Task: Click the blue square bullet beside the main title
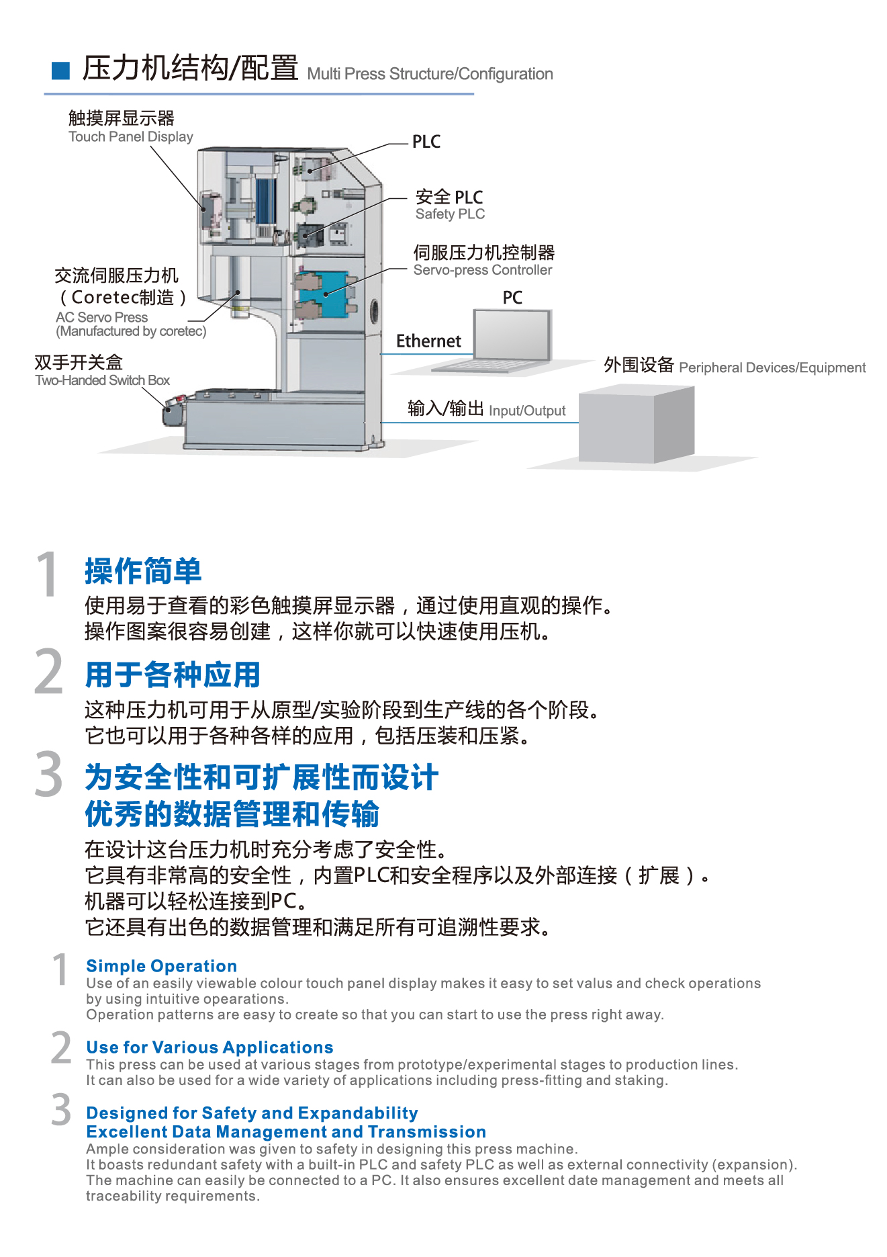[x=60, y=71]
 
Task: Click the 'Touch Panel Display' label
[x=131, y=137]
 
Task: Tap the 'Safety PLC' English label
[x=450, y=214]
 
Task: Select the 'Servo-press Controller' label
[x=483, y=270]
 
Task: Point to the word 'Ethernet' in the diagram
[x=428, y=341]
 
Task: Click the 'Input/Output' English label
[x=527, y=410]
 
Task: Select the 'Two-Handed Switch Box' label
[x=103, y=380]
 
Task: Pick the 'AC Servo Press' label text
[x=102, y=317]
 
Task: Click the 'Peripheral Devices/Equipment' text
[x=772, y=367]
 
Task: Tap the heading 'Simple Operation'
[x=161, y=966]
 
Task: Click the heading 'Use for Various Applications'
[x=209, y=1047]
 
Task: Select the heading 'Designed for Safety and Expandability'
[x=252, y=1113]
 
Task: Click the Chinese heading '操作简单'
[x=143, y=571]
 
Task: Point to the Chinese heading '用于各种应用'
[x=173, y=675]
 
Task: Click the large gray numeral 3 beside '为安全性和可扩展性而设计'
[x=48, y=774]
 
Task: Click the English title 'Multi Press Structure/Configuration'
[x=430, y=74]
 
